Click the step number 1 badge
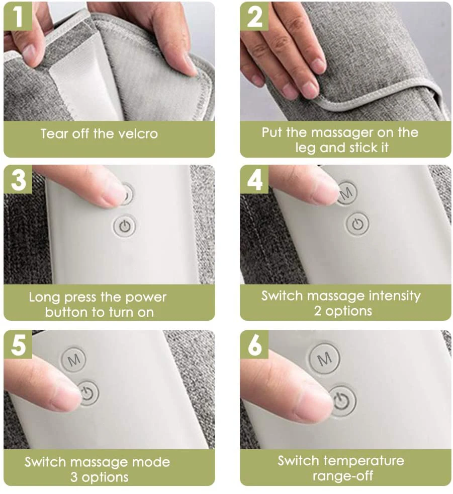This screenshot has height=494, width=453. pyautogui.click(x=18, y=16)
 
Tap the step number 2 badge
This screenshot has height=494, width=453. pyautogui.click(x=254, y=16)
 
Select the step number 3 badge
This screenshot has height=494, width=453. pyautogui.click(x=18, y=179)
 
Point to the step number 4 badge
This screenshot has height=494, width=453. pyautogui.click(x=254, y=179)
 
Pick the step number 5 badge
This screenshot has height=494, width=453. pyautogui.click(x=18, y=344)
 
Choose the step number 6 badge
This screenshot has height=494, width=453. pyautogui.click(x=254, y=344)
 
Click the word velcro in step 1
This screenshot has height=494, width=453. pyautogui.click(x=138, y=134)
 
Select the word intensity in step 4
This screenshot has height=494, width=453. pyautogui.click(x=395, y=296)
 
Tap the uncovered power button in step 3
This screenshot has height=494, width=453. pyautogui.click(x=125, y=226)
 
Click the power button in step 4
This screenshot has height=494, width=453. pyautogui.click(x=357, y=224)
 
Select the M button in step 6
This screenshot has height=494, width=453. pyautogui.click(x=324, y=359)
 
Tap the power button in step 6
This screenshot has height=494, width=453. pyautogui.click(x=343, y=401)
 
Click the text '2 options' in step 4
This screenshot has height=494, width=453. pyautogui.click(x=343, y=311)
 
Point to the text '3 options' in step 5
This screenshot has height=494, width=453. pyautogui.click(x=100, y=477)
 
